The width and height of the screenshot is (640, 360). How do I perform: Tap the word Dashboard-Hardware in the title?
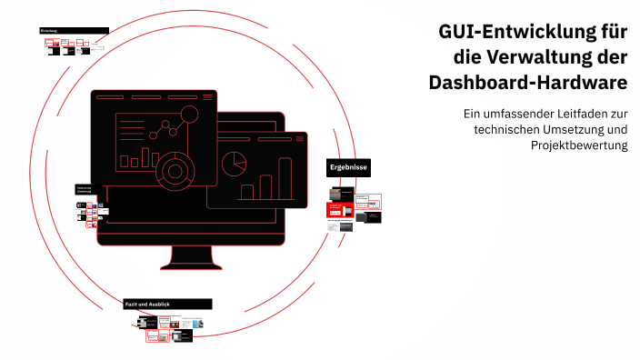pos(528,83)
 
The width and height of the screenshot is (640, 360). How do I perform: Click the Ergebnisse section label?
pos(348,169)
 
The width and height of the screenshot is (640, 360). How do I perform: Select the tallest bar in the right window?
pos(285,178)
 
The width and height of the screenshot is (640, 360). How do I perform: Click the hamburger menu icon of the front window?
pos(206,96)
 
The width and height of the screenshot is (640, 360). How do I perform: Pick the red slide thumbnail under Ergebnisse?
pos(341,210)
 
